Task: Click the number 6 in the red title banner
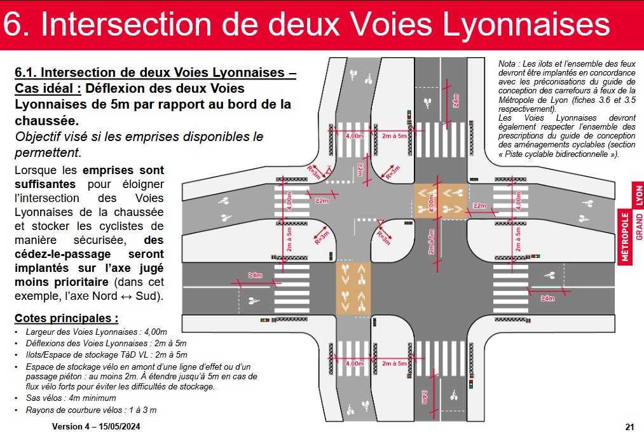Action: pos(17,25)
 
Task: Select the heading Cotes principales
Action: pos(66,318)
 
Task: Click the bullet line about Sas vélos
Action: pos(64,398)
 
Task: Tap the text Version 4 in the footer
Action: pos(73,426)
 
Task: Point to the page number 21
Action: pos(630,426)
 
